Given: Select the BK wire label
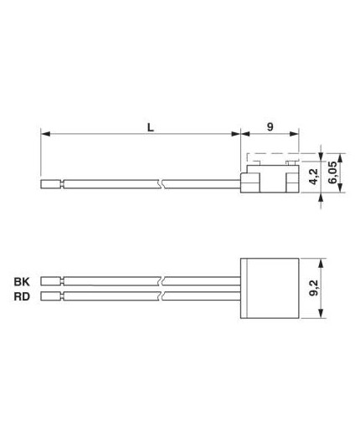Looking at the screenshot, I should coord(21,281).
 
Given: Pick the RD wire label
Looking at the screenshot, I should coord(21,296).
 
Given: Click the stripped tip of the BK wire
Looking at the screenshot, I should coord(51,281).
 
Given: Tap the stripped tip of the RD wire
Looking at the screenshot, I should coord(51,296).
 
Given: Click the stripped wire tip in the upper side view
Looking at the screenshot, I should coord(51,181).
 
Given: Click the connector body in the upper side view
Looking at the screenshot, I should coord(269,182).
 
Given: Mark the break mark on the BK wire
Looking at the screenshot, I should coord(167,281).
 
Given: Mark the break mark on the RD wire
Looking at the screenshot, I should coord(167,296).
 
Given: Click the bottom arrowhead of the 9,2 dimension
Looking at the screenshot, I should coord(321,316).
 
